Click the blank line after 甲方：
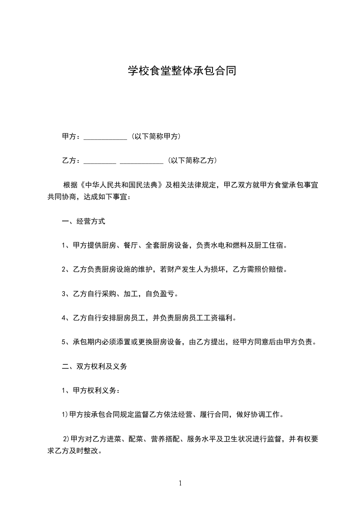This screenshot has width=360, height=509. (105, 137)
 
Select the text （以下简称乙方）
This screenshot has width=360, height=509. (192, 161)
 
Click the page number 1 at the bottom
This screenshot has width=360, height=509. (180, 483)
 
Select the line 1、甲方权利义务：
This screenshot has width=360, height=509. (91, 390)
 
